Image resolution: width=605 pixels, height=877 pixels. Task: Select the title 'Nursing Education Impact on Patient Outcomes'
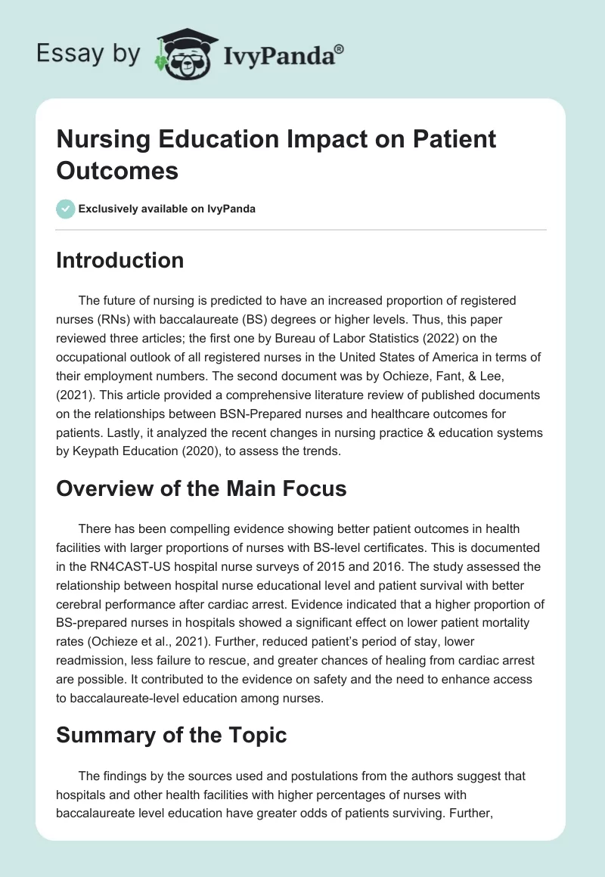[x=277, y=154]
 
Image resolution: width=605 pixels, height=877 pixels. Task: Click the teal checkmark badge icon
[x=66, y=209]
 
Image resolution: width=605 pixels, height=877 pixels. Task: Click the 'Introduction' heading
[x=120, y=260]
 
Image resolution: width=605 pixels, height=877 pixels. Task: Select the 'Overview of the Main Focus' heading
[x=201, y=488]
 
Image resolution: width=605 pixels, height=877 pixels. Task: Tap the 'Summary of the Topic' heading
[x=172, y=734]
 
